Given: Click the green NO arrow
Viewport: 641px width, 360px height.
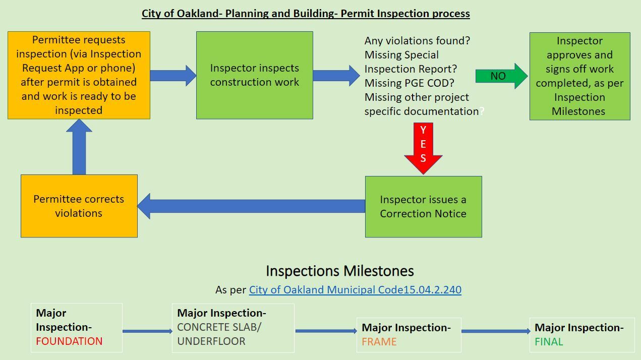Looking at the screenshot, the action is tap(502, 76).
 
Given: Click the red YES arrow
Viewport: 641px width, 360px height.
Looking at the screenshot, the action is tap(423, 148).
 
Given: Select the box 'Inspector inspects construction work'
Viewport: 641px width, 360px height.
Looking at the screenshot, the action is tap(254, 75).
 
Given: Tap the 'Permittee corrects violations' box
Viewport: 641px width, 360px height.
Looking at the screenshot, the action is tap(79, 206).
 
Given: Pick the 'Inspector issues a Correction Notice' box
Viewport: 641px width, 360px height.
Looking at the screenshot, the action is tap(424, 207).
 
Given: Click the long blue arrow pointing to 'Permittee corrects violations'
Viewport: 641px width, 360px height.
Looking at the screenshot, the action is tap(251, 206).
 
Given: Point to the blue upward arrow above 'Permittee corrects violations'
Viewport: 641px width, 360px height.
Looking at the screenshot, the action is tap(79, 147).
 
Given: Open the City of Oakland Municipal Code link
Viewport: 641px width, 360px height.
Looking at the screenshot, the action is tap(355, 289).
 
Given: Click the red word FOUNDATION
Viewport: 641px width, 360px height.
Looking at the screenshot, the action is tap(69, 341).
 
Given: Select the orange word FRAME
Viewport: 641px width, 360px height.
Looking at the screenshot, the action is tap(379, 342).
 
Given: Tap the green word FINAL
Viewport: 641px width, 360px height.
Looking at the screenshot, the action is tap(549, 342).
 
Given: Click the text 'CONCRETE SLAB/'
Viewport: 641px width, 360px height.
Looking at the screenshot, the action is tap(219, 327).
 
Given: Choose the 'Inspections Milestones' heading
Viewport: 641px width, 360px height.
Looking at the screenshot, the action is tap(340, 271).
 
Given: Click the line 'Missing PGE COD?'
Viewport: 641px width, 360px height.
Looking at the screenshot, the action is tap(410, 83).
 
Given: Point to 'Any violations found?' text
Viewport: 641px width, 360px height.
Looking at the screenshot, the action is tap(417, 41).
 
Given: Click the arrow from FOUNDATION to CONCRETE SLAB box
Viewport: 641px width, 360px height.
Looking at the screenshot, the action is tap(147, 331).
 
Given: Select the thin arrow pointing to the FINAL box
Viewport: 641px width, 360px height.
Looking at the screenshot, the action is tap(496, 331).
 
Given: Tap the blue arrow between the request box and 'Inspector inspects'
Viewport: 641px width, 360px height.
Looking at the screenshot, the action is tap(173, 76).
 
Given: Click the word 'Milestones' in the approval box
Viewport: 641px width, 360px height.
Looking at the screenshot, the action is tap(578, 111).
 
